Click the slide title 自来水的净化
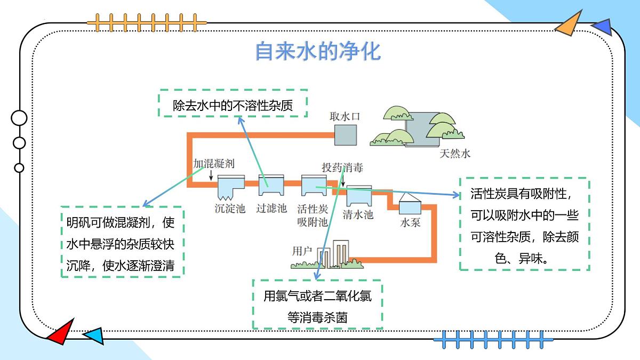point(318,51)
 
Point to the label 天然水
point(455,154)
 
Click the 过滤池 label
point(271,209)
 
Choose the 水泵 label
point(410,222)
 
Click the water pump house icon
point(410,204)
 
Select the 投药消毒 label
point(342,167)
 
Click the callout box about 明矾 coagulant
point(122,241)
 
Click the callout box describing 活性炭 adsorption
point(524,225)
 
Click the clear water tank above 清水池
point(359,197)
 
